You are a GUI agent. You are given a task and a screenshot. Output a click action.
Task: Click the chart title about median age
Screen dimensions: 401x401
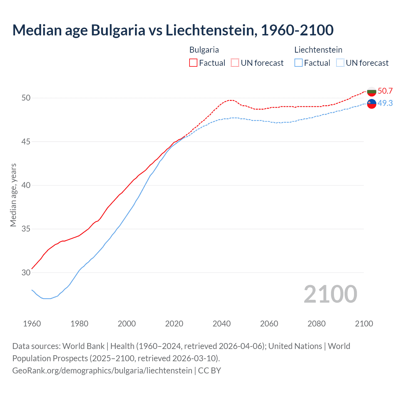pos(173,30)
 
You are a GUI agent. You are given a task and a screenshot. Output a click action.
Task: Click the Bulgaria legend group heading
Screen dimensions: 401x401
pos(204,50)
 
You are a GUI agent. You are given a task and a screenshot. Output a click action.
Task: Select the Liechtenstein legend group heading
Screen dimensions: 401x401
pos(318,50)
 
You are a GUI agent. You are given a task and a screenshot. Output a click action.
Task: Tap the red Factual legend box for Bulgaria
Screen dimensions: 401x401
pos(193,63)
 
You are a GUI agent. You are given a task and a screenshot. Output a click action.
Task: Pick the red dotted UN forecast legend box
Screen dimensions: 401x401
pos(235,63)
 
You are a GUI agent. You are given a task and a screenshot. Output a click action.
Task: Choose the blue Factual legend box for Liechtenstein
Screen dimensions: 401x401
pos(299,63)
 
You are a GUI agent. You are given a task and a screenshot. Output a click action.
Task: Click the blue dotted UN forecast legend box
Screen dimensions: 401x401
pos(340,63)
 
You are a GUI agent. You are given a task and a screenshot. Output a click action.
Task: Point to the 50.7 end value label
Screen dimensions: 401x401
pos(385,91)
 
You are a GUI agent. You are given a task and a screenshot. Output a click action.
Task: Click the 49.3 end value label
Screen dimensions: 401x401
pos(385,103)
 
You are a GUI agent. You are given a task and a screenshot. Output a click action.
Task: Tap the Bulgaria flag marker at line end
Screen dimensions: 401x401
pos(372,91)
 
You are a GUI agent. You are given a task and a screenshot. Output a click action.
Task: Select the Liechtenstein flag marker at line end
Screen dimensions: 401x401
pos(372,104)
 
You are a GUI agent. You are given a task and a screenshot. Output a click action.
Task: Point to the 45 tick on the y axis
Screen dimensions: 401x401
pos(26,142)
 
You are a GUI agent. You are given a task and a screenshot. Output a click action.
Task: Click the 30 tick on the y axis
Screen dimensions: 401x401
pos(26,273)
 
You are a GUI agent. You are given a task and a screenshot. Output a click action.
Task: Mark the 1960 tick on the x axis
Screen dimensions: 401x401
pos(32,324)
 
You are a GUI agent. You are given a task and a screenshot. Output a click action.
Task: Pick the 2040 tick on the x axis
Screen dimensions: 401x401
pos(221,324)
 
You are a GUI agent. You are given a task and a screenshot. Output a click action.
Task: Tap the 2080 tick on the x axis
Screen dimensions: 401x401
pos(316,324)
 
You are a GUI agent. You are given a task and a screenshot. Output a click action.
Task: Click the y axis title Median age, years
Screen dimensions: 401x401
pos(13,195)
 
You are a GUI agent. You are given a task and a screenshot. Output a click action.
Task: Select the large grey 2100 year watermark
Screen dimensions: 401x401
pos(330,294)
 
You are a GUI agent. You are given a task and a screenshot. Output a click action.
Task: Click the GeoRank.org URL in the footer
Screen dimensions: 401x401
pos(102,371)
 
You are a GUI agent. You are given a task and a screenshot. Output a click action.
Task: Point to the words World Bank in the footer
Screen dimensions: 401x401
pos(83,346)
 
